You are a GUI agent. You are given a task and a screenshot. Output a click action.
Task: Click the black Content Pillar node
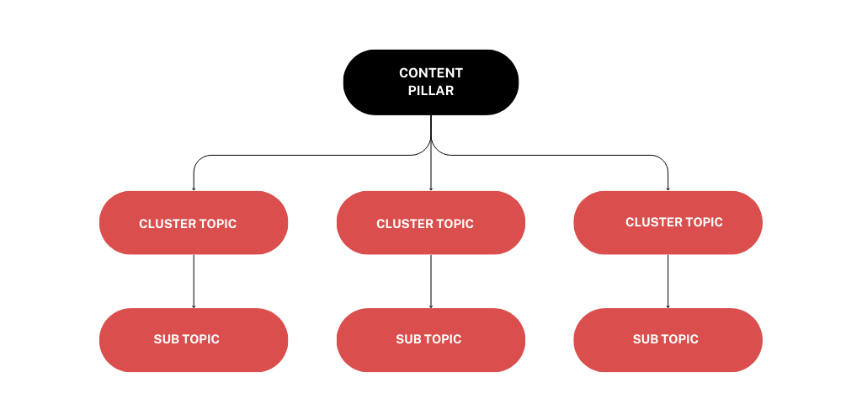(x=430, y=82)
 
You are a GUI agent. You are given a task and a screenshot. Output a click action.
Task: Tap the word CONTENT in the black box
(x=431, y=73)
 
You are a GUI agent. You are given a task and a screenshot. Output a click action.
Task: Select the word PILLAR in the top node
(x=431, y=91)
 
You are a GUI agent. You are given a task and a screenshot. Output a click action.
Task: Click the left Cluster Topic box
(x=194, y=222)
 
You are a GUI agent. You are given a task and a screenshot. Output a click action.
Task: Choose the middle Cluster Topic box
(x=430, y=223)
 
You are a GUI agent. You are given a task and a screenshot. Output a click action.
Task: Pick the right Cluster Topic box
(x=668, y=222)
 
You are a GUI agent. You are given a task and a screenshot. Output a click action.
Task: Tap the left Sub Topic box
(x=194, y=339)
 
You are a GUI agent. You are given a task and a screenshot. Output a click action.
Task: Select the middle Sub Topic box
(x=430, y=339)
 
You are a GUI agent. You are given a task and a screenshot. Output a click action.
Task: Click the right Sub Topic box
(x=668, y=339)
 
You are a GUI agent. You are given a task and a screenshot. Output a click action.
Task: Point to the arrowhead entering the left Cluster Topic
(x=194, y=188)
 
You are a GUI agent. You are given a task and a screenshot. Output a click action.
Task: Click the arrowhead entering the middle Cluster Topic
(x=431, y=188)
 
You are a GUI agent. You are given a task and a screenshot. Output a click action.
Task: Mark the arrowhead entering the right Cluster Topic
(x=668, y=188)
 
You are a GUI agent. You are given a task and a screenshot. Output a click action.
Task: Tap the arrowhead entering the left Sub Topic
(x=194, y=306)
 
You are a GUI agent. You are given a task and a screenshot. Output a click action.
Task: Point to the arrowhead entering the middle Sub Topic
(x=431, y=306)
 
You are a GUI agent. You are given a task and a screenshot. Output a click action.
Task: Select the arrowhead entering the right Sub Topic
(x=668, y=306)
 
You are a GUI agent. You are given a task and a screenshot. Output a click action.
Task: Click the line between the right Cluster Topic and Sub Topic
(x=668, y=280)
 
